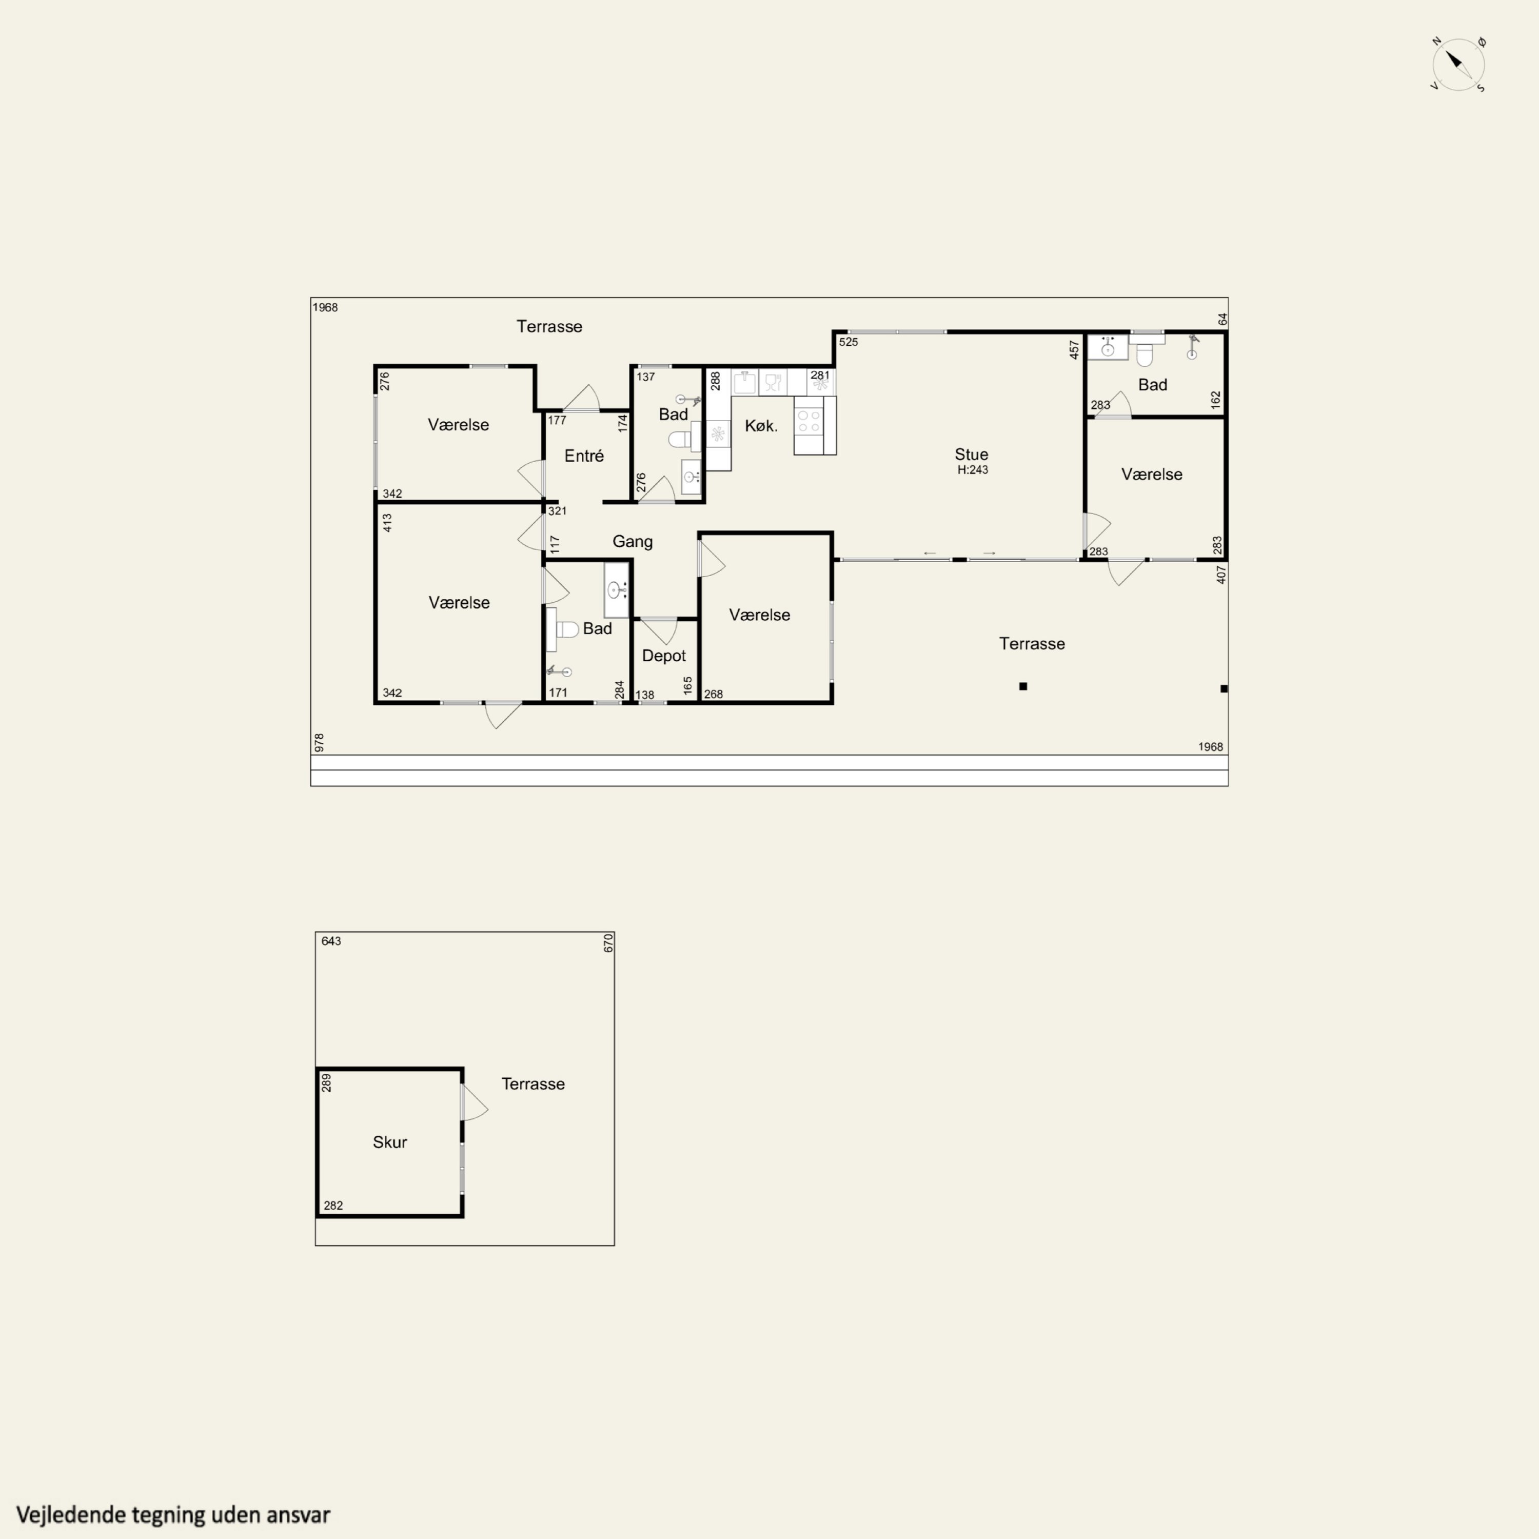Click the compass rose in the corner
(1458, 64)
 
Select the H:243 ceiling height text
(973, 470)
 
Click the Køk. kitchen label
(761, 426)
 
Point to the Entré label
(584, 456)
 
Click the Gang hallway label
(633, 542)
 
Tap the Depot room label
(663, 656)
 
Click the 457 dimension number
(1074, 350)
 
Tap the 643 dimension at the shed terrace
(331, 941)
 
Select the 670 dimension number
(608, 944)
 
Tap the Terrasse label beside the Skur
(533, 1084)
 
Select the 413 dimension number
(387, 523)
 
